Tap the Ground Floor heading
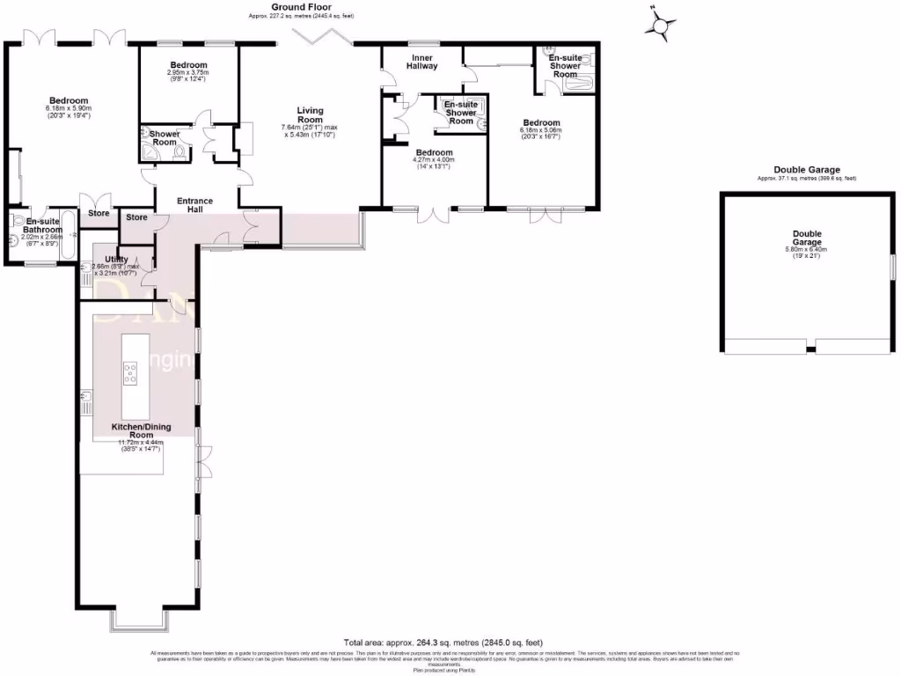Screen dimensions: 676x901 click(301, 7)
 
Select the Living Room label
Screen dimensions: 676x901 click(310, 115)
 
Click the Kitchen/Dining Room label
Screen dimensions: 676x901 click(141, 431)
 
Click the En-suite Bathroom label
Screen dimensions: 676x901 click(42, 226)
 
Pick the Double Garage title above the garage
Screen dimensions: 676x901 click(806, 170)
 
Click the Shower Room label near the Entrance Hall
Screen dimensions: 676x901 click(165, 138)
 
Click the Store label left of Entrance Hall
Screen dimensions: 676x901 click(136, 217)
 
